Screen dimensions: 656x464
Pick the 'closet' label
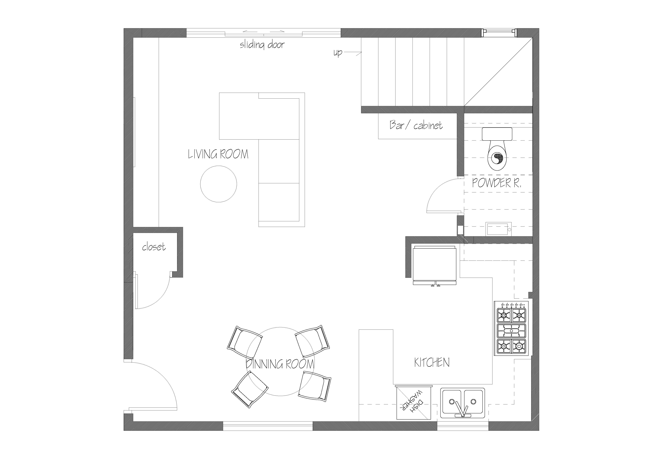tap(154, 247)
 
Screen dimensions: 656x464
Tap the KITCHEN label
tap(432, 363)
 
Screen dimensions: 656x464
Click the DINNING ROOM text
tap(280, 364)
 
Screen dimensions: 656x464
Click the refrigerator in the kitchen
tap(434, 265)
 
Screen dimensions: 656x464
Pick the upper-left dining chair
tap(245, 343)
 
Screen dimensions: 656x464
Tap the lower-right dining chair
tap(315, 386)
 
